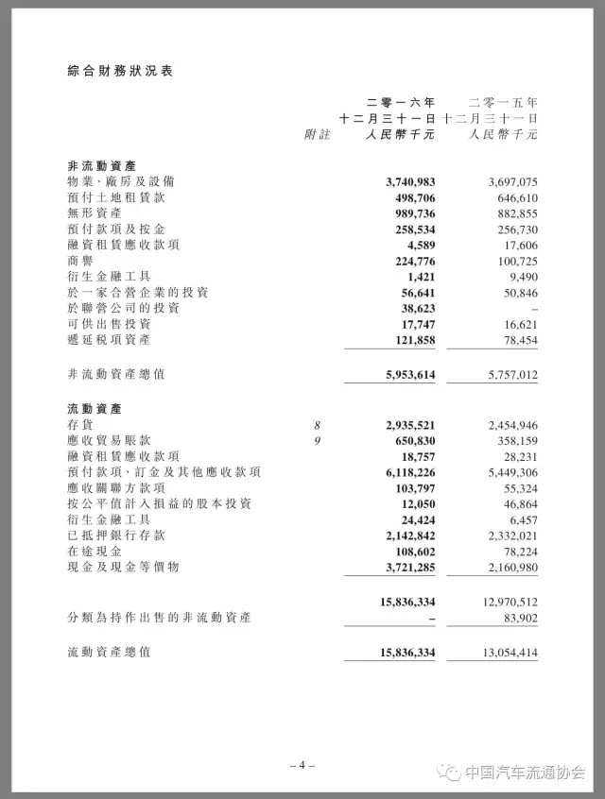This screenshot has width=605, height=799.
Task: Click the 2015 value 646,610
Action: [x=512, y=197]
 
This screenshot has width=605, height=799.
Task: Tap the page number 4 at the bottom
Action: [x=302, y=766]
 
